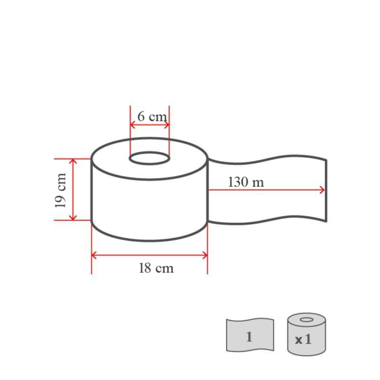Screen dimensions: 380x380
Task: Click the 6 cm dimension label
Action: click(151, 117)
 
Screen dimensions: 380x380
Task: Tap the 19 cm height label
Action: click(61, 190)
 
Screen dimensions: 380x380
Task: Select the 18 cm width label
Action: click(156, 268)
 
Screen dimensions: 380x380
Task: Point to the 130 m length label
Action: click(246, 182)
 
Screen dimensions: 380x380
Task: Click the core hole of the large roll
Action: click(149, 156)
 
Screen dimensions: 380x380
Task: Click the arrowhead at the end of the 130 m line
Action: click(322, 189)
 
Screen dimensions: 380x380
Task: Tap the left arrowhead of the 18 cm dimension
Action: click(94, 255)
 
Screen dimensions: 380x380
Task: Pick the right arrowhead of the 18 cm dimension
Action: click(205, 255)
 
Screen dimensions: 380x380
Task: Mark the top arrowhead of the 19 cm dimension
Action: click(73, 161)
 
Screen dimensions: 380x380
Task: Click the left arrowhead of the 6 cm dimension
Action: click(133, 125)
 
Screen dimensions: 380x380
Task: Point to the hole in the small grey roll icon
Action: click(307, 320)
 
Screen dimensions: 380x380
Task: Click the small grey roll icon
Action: click(307, 334)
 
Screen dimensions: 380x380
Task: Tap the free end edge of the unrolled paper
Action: click(326, 190)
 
